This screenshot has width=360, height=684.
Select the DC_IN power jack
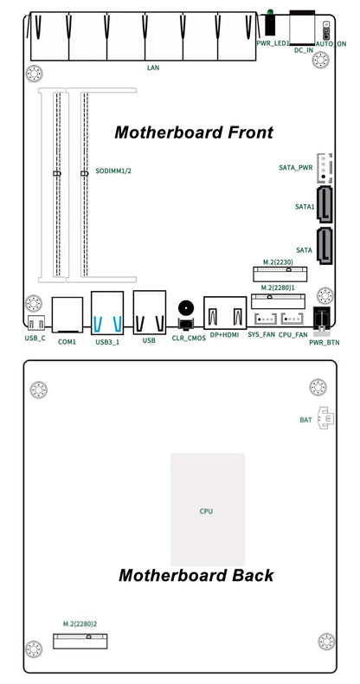302,28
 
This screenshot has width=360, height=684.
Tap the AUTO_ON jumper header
325,30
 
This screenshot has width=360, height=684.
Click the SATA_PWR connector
324,167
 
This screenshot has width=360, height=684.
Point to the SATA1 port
325,204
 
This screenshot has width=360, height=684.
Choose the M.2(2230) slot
280,274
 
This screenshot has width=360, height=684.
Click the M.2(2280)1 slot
278,301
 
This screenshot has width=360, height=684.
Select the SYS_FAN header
265,319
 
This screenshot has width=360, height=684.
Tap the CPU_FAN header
292,319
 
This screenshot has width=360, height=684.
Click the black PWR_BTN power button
323,319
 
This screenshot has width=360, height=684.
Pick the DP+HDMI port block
225,313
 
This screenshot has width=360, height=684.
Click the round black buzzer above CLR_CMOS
186,308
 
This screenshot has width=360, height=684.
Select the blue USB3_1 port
107,313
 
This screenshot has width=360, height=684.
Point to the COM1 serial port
67,315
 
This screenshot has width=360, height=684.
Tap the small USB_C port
35,323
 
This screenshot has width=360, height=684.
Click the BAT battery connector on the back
325,418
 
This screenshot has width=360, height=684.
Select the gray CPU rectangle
208,509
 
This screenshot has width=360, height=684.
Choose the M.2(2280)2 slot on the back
80,641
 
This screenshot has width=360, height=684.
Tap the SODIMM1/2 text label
113,171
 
